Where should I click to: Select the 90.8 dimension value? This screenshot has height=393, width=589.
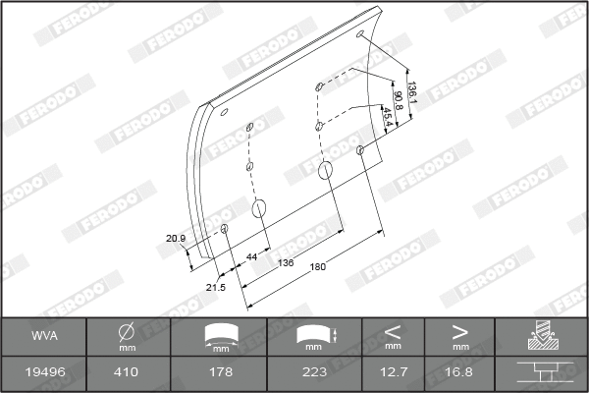click(398, 101)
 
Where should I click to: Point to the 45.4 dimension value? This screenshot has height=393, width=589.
click(386, 117)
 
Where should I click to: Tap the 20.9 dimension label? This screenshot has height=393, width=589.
click(176, 238)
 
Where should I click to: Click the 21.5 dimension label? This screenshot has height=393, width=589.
click(215, 287)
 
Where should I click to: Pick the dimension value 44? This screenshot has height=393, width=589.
click(252, 255)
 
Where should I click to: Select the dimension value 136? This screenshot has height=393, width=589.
click(287, 262)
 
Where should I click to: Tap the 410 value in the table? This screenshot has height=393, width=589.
click(126, 372)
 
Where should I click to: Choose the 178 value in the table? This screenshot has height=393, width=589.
click(221, 372)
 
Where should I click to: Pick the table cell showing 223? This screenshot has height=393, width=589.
click(313, 372)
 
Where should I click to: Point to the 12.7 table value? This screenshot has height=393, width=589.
click(393, 372)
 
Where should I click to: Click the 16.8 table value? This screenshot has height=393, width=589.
click(459, 372)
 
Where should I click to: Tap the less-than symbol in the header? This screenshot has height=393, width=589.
click(393, 331)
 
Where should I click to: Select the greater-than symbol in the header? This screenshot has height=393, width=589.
click(459, 331)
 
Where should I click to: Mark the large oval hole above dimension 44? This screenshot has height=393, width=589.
click(260, 208)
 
